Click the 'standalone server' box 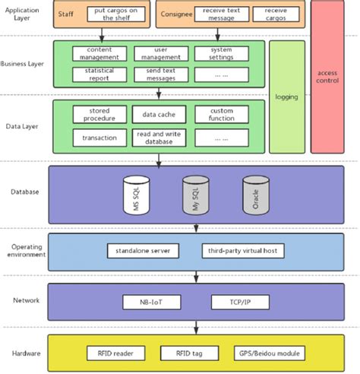pyautogui.click(x=143, y=250)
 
